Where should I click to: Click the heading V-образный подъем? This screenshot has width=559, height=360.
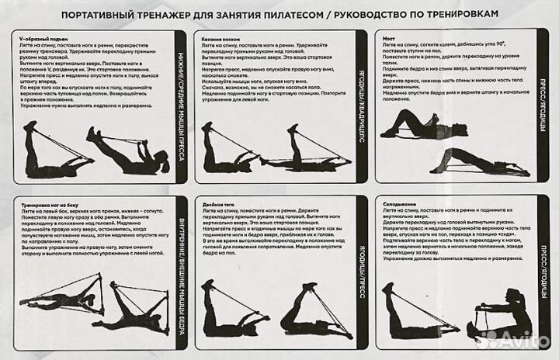click(38, 36)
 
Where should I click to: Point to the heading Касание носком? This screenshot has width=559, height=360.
click(220, 36)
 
